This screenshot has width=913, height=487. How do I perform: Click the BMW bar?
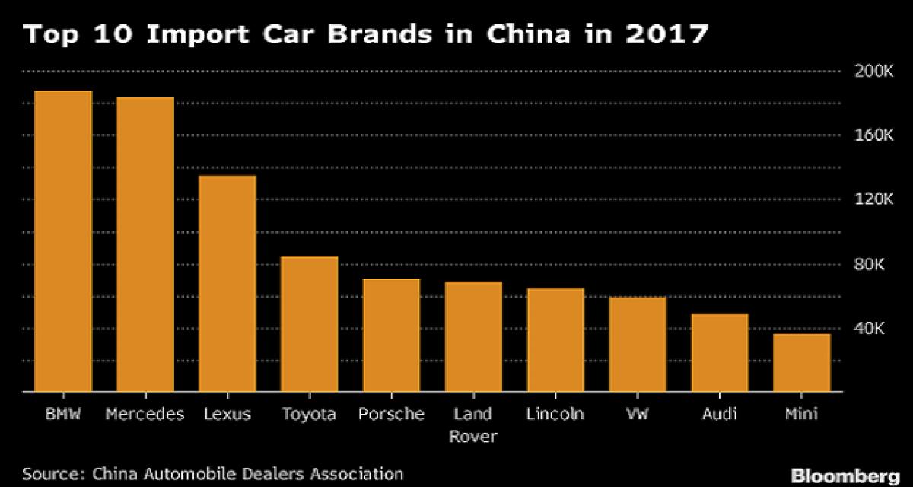click(x=63, y=241)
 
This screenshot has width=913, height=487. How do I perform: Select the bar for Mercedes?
click(x=145, y=244)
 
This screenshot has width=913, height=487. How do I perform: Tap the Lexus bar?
click(x=227, y=284)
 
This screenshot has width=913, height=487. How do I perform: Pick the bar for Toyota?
click(x=310, y=324)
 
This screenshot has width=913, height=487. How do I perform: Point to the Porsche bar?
click(x=392, y=336)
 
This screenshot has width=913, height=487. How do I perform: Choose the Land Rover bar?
click(x=473, y=337)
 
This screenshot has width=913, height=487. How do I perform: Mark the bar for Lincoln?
click(x=555, y=340)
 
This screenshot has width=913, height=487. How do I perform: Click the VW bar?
click(x=638, y=345)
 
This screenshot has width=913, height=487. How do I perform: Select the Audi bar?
click(x=720, y=353)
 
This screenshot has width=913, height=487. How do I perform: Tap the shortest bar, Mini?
click(x=802, y=363)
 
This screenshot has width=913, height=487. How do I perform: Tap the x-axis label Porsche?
click(x=392, y=415)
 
